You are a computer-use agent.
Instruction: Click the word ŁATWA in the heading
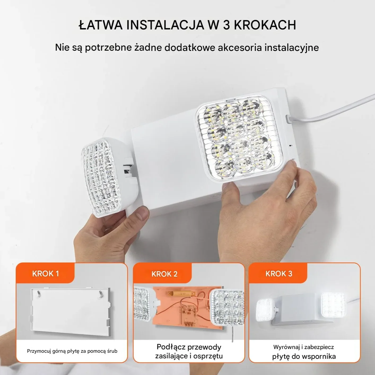[101, 25]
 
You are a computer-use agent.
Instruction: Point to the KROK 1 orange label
[45, 274]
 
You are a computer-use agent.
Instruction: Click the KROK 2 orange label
[164, 274]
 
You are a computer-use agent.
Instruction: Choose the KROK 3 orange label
[278, 274]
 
